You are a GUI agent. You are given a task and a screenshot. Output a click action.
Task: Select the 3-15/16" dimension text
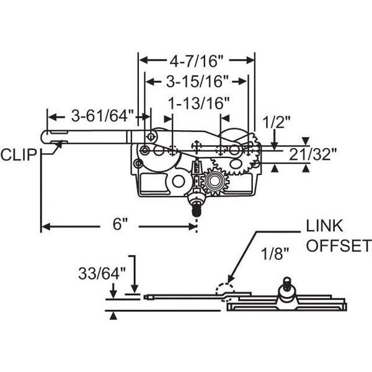197,82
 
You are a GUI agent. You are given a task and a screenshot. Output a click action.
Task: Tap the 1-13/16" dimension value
199,103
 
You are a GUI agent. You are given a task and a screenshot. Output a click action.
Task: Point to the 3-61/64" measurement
103,117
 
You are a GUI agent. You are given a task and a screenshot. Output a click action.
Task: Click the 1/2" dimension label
276,122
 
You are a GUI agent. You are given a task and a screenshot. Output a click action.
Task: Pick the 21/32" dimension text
313,154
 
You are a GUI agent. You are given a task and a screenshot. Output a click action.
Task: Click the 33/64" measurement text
102,273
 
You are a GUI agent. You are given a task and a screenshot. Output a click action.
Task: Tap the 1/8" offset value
275,254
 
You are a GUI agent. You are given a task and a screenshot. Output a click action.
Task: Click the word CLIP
19,154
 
